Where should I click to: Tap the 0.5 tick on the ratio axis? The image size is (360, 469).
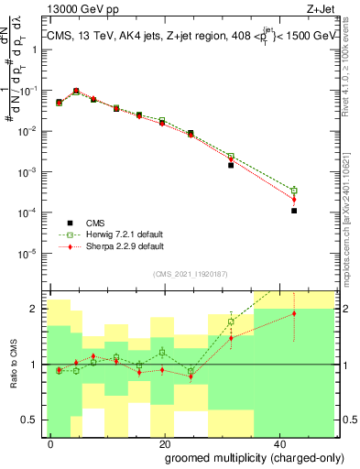(x=32, y=420)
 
